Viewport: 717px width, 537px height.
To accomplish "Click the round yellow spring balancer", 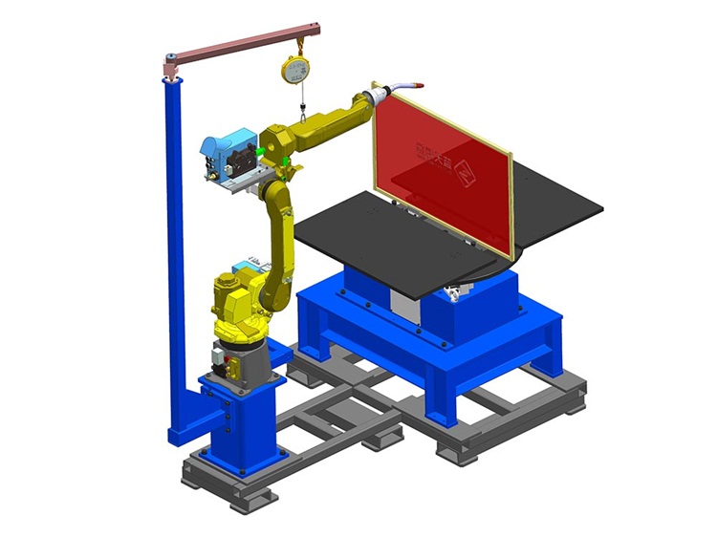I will click(x=295, y=70).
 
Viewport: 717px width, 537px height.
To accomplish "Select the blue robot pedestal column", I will click(x=239, y=420).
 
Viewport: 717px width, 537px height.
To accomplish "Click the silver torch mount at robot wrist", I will click(x=380, y=96).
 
